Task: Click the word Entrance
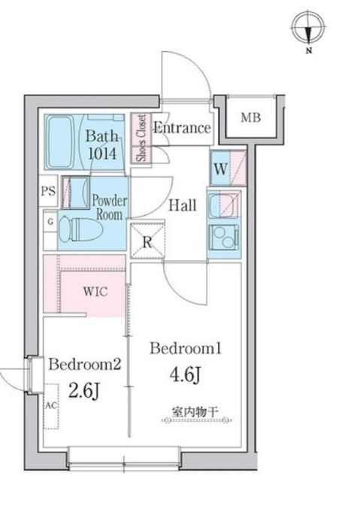pyautogui.click(x=182, y=128)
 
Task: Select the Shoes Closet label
pyautogui.click(x=140, y=139)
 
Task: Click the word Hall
pyautogui.click(x=182, y=205)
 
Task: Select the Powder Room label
pyautogui.click(x=110, y=208)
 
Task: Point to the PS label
pyautogui.click(x=47, y=192)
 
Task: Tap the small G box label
pyautogui.click(x=50, y=223)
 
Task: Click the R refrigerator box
pyautogui.click(x=147, y=241)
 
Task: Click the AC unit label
pyautogui.click(x=51, y=404)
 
